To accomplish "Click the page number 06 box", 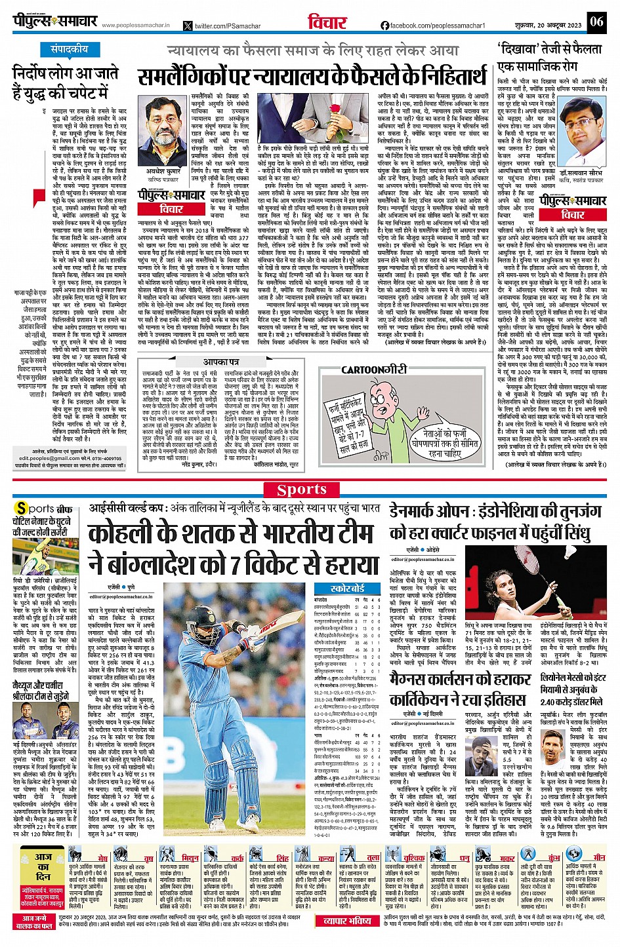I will tap(596, 22).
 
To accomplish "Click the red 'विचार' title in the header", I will tap(327, 22).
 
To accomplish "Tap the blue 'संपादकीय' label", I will tap(70, 49).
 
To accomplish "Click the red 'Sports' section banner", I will tap(302, 490).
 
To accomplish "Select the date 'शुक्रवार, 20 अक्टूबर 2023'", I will tap(549, 25).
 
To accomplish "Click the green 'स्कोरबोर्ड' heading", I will tap(348, 589).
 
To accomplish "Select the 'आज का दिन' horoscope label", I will tap(43, 866).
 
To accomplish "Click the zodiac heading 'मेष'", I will tap(103, 859).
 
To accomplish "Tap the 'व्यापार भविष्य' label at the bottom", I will tap(347, 921).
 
